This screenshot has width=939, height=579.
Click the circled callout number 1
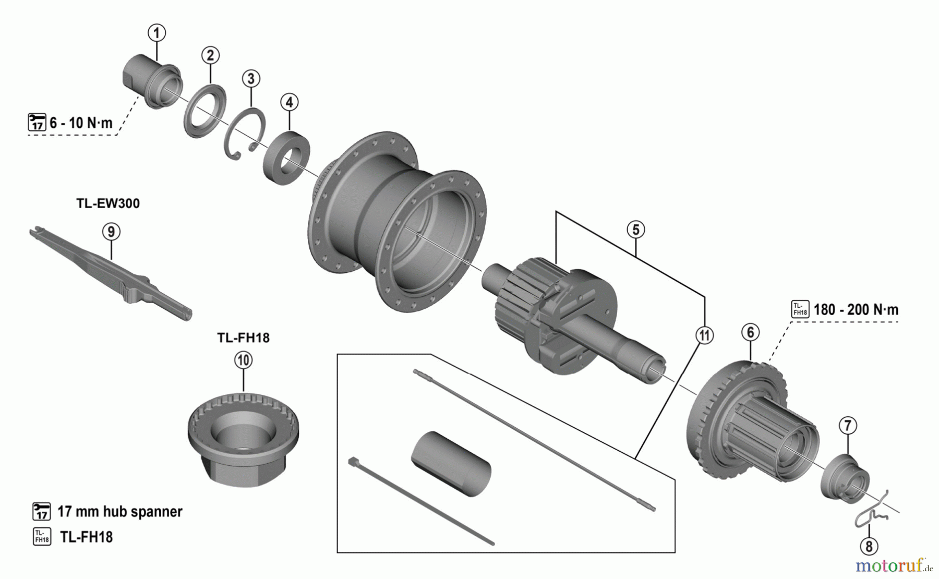coord(156,33)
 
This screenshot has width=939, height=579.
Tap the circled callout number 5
coord(636,230)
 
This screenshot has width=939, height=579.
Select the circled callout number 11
coord(704,335)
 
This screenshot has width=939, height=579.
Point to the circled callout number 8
coord(869,546)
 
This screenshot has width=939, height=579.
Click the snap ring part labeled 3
coord(245,135)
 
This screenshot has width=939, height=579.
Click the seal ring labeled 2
coord(204,111)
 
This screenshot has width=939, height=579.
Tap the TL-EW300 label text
coord(108,203)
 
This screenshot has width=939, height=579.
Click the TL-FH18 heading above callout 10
coord(243,338)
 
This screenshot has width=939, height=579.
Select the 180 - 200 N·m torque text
coord(856,310)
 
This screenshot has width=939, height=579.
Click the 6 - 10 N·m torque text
coord(81,123)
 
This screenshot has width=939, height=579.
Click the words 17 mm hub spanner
coord(119,511)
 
